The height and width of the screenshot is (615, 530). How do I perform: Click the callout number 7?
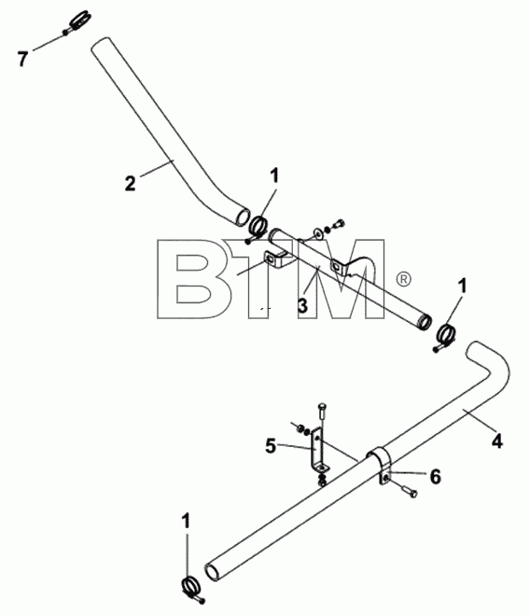[x=22, y=59]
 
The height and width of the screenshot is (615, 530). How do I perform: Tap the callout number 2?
[x=131, y=184]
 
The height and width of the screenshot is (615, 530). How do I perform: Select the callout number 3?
[x=302, y=305]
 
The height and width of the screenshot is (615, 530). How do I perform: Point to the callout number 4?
[x=496, y=441]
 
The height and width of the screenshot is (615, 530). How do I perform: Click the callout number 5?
[x=271, y=446]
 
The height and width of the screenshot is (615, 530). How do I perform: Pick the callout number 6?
[x=436, y=477]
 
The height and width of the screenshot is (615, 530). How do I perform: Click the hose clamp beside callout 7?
[x=78, y=22]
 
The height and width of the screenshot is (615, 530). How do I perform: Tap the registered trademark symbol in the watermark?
[x=403, y=279]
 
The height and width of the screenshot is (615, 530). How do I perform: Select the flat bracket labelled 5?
[x=318, y=452]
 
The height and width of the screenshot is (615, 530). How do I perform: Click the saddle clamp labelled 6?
[x=380, y=463]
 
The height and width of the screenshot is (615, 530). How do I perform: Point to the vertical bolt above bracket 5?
[x=322, y=415]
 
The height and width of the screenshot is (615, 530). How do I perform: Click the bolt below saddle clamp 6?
[x=408, y=490]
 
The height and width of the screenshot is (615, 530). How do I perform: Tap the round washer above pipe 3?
[x=317, y=233]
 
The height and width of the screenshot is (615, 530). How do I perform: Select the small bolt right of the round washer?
[x=338, y=225]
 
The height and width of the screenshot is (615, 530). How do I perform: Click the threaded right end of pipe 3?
[x=424, y=321]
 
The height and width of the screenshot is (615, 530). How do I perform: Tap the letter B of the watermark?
[x=195, y=278]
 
